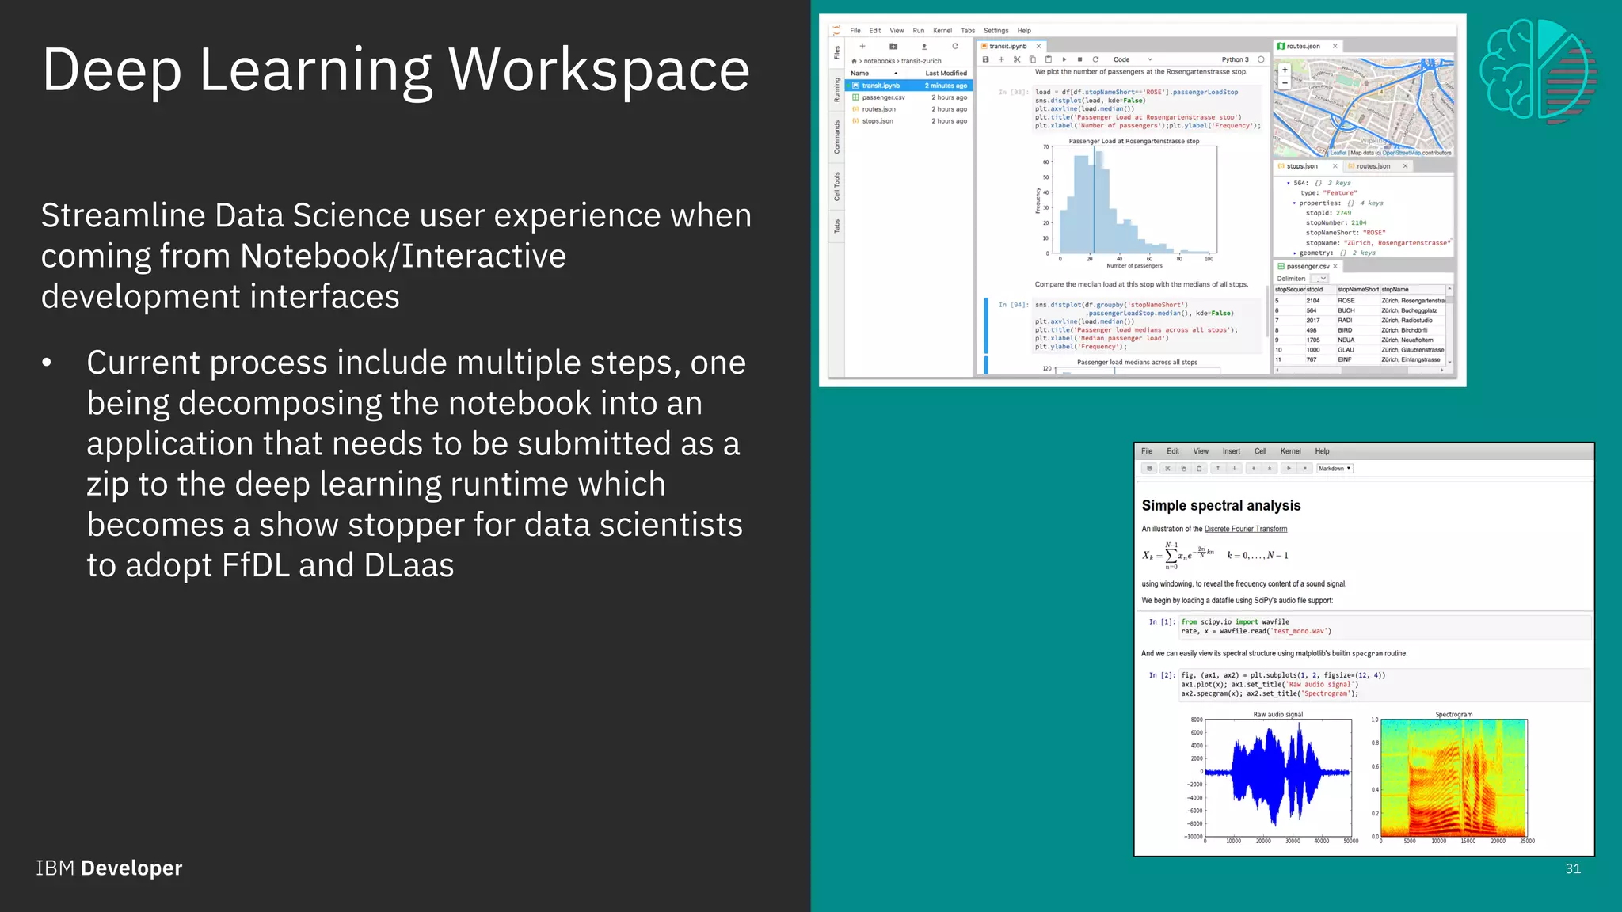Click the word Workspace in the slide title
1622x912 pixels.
tap(599, 70)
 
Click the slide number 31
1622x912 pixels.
tap(1573, 868)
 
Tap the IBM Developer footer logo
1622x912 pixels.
tap(109, 868)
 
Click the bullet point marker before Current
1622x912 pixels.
tap(47, 363)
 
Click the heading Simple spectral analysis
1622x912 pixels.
tap(1220, 505)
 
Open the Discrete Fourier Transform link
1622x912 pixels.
tap(1245, 529)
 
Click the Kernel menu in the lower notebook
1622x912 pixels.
tap(1290, 451)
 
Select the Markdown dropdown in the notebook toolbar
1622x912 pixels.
tap(1334, 469)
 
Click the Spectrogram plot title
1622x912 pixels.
tap(1453, 714)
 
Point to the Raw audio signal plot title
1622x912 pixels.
tap(1277, 714)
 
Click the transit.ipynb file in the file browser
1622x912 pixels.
tap(880, 85)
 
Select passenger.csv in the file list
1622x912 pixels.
tap(882, 97)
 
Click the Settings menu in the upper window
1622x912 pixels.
tap(996, 31)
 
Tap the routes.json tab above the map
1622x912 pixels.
tap(1303, 46)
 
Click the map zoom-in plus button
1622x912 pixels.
tap(1285, 70)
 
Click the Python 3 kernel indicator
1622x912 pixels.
tap(1235, 59)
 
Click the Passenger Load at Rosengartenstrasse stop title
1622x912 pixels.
tap(1133, 141)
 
